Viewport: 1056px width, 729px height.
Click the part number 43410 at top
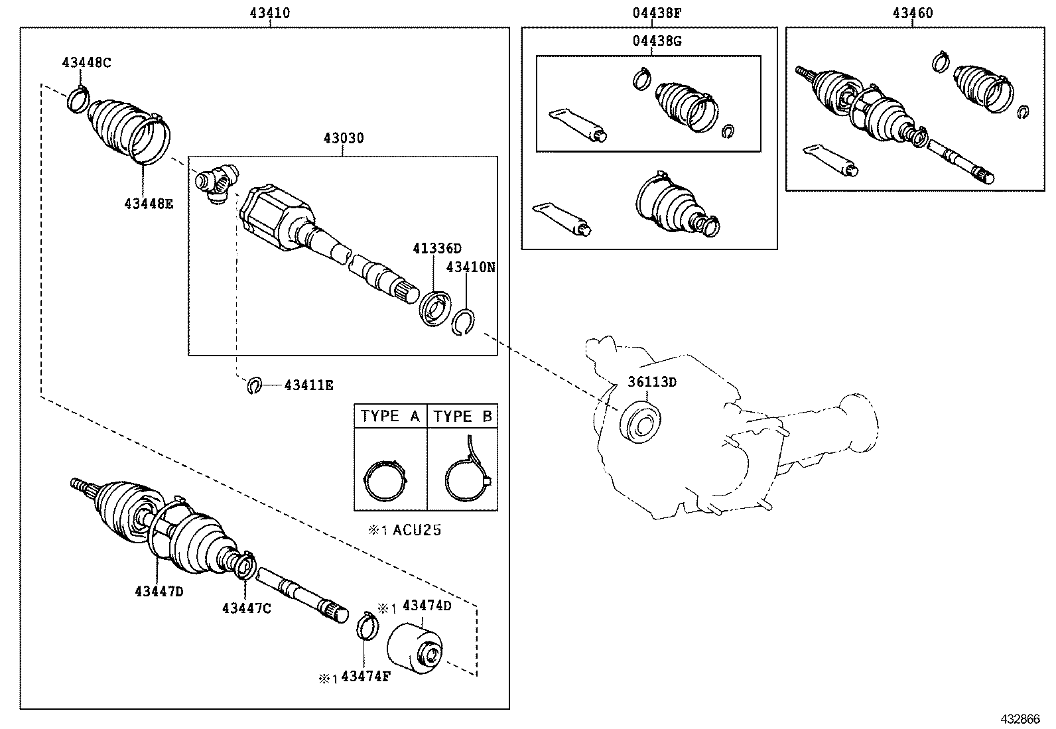pyautogui.click(x=270, y=13)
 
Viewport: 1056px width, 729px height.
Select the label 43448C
pyautogui.click(x=86, y=63)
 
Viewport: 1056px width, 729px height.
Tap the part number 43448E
pyautogui.click(x=148, y=204)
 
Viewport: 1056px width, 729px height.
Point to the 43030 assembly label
pyautogui.click(x=344, y=139)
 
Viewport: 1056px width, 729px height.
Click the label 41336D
pyautogui.click(x=436, y=249)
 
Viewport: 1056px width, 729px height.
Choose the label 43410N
pyautogui.click(x=471, y=267)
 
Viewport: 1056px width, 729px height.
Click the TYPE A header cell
pyautogui.click(x=390, y=417)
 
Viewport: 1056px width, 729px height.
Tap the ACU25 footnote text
pyautogui.click(x=406, y=530)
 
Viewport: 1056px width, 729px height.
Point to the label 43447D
pyautogui.click(x=159, y=590)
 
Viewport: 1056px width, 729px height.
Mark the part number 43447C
pyautogui.click(x=246, y=608)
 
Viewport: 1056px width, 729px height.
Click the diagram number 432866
pyautogui.click(x=1020, y=719)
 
